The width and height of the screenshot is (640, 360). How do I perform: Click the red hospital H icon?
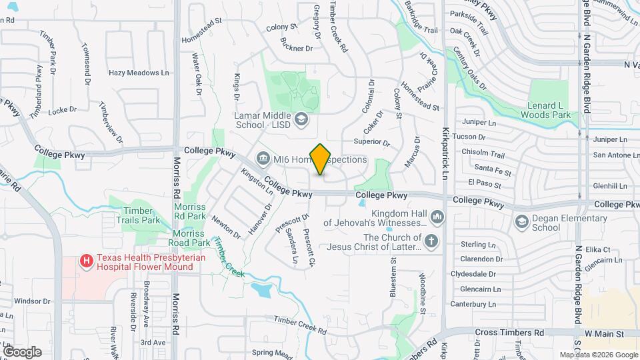point(86,262)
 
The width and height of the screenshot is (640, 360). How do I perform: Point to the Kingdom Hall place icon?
point(437,217)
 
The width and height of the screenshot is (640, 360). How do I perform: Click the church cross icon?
point(431,241)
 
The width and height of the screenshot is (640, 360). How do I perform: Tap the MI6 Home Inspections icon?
point(262,159)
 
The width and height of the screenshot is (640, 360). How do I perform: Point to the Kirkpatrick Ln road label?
point(445,155)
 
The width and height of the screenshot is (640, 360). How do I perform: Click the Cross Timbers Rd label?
point(509,332)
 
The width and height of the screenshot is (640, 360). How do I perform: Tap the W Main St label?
point(604,333)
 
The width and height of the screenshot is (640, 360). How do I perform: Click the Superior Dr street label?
point(371,142)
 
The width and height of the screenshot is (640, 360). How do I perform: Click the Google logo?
point(21,351)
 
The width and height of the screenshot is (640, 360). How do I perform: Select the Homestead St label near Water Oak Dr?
point(201,31)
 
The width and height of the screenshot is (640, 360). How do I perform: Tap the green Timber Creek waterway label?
point(229,259)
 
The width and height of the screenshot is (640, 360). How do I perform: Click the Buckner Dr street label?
point(297,48)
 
